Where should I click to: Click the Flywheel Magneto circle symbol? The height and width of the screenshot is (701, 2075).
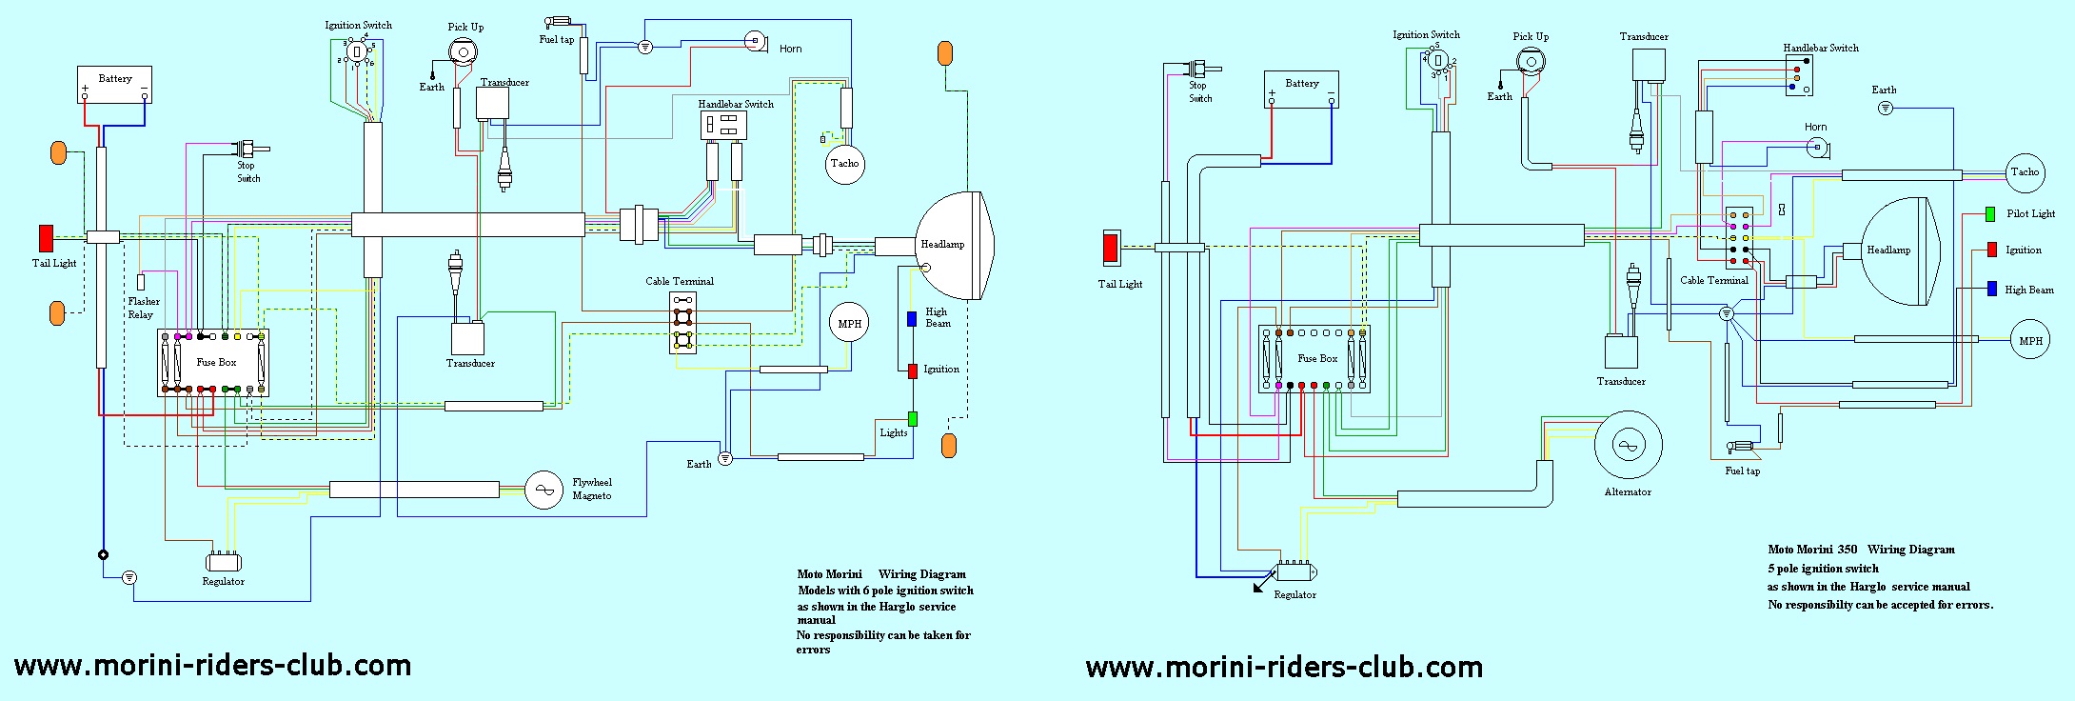coord(543,490)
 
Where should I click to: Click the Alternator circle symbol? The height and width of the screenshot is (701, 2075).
coord(1628,445)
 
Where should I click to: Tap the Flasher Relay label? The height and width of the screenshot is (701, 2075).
coord(143,308)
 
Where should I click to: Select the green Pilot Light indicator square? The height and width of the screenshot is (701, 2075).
coord(1990,214)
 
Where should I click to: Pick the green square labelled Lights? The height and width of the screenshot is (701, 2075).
coord(912,418)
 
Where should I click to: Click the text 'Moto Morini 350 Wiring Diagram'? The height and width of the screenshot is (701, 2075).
coord(1860,550)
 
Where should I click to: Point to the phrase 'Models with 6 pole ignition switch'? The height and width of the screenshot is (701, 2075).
coord(885,591)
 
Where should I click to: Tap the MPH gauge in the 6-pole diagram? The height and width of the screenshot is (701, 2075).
coord(849,324)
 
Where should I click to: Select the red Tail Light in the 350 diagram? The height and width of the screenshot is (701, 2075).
coord(1111,248)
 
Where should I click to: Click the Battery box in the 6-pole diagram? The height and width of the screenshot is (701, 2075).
coord(115,85)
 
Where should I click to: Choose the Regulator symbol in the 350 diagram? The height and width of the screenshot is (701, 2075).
coord(1294,571)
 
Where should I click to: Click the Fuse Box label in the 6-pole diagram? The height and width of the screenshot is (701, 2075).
coord(216,362)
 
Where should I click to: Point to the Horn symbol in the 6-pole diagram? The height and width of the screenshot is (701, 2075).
coord(756,41)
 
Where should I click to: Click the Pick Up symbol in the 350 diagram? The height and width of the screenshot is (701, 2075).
coord(1531,62)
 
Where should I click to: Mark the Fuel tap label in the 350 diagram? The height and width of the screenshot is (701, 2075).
coord(1742,471)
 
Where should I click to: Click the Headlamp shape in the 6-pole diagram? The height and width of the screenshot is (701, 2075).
coord(954,245)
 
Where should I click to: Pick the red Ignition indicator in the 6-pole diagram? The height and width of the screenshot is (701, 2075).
coord(912,370)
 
